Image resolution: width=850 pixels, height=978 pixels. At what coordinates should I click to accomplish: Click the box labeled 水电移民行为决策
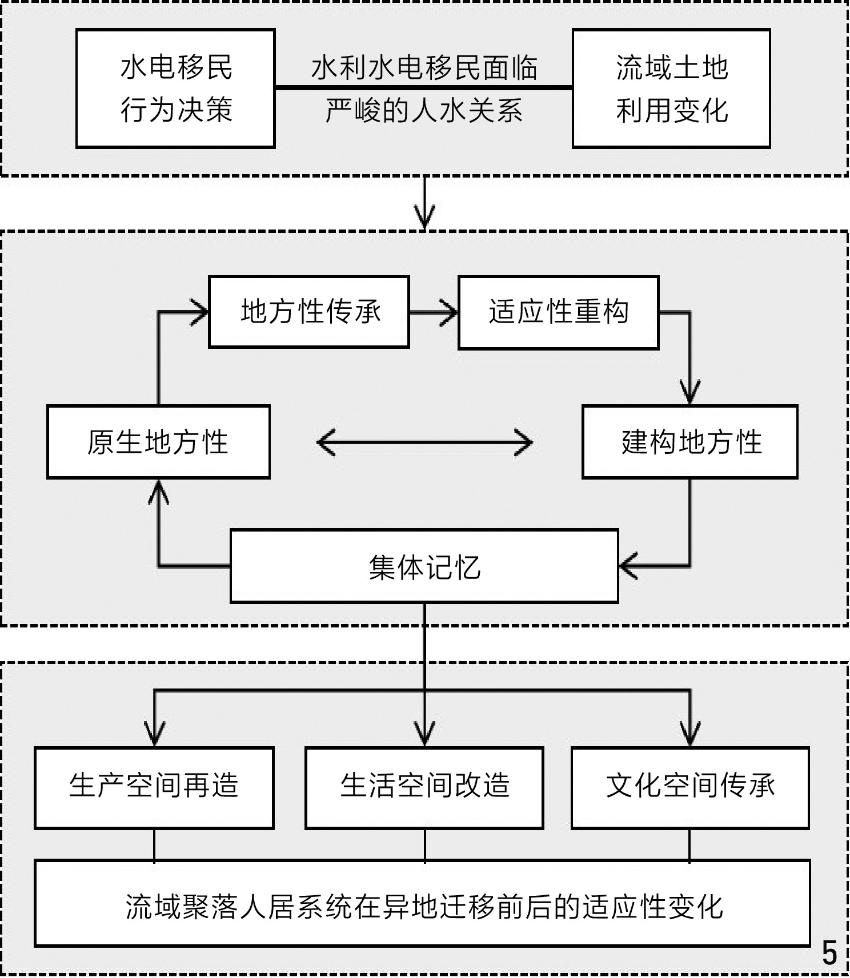(175, 88)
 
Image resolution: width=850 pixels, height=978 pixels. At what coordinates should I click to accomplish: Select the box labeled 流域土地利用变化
(671, 88)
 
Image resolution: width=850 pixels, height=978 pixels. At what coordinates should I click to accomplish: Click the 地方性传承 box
(309, 312)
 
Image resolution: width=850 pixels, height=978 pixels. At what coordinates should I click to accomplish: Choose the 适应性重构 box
(558, 312)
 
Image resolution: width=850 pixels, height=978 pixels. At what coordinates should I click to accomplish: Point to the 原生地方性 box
(158, 442)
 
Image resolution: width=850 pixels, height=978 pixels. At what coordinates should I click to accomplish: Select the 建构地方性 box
(690, 442)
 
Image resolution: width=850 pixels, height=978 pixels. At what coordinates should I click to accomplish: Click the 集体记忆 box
(424, 566)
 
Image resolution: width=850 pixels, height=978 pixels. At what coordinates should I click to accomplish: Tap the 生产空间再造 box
(154, 787)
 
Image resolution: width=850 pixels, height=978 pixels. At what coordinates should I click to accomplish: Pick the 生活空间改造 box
(424, 787)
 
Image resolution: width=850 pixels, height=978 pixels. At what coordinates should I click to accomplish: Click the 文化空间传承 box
(690, 787)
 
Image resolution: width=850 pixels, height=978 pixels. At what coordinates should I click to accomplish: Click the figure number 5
(829, 953)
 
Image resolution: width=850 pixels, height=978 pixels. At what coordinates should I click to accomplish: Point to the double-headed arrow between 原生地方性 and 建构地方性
(424, 442)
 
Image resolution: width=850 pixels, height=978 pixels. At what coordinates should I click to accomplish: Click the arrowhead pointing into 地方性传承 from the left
(200, 312)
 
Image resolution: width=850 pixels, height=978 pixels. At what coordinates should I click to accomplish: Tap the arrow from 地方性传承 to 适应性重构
(434, 312)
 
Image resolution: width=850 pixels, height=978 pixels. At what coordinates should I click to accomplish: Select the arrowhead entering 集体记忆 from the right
(628, 566)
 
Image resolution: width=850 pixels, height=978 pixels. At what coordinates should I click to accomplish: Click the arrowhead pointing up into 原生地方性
(158, 491)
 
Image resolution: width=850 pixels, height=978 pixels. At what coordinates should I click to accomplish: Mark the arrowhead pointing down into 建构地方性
(690, 394)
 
